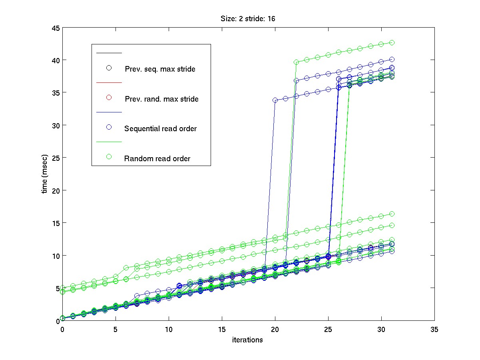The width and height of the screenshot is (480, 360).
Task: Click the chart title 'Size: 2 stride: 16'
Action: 248,18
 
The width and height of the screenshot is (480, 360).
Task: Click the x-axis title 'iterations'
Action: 247,340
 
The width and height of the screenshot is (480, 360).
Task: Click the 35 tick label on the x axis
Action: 434,329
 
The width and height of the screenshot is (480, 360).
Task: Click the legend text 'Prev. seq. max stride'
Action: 160,69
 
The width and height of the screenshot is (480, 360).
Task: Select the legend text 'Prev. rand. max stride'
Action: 161,99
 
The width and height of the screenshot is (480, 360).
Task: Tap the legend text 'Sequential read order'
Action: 160,129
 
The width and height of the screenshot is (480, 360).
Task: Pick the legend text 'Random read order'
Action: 157,159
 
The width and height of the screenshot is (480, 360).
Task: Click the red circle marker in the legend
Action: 108,98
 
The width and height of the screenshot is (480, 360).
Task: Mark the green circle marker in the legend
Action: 108,156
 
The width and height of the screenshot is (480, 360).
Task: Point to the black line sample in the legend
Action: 109,53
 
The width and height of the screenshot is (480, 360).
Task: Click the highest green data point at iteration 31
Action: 392,42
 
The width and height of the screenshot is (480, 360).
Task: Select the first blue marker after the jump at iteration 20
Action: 275,100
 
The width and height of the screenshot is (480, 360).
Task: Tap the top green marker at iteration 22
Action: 296,62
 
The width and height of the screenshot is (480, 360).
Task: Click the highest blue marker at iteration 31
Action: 392,60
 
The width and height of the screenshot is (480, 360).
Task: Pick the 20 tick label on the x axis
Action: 275,329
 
